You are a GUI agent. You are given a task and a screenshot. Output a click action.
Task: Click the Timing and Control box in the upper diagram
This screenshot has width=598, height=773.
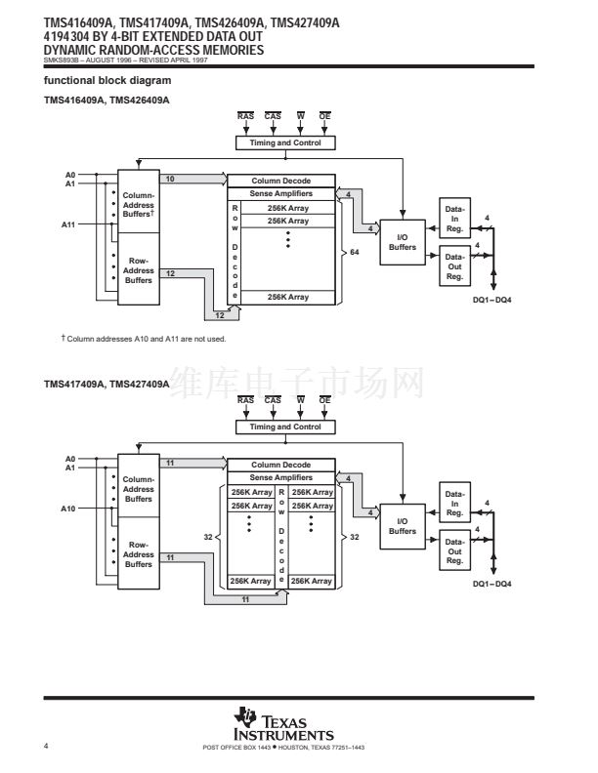click(285, 142)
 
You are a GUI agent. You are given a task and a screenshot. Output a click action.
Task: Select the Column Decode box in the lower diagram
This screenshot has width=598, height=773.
click(281, 465)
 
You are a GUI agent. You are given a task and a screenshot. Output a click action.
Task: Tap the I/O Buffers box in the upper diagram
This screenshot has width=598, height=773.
click(403, 242)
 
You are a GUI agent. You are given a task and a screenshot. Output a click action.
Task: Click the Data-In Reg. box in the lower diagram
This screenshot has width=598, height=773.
click(455, 503)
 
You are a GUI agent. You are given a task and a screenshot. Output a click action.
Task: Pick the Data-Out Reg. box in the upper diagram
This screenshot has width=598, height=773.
click(455, 266)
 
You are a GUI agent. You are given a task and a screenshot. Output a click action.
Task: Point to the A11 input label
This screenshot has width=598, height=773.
click(68, 224)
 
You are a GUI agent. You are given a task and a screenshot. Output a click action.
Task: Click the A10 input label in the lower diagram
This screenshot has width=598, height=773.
click(68, 509)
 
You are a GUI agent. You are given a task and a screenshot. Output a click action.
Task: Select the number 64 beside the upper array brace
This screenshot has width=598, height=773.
click(355, 252)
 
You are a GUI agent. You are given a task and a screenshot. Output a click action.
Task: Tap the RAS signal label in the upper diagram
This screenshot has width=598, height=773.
click(245, 116)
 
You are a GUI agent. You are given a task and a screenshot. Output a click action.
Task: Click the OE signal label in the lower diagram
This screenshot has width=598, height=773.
click(324, 400)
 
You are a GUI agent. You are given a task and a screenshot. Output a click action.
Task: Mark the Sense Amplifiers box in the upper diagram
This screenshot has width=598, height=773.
click(281, 194)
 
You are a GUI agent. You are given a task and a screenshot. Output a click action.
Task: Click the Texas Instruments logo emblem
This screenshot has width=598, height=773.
click(245, 716)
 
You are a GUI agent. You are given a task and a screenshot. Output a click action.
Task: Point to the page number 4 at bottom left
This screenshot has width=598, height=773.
click(46, 746)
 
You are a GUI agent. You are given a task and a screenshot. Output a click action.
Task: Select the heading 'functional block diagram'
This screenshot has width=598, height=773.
click(107, 80)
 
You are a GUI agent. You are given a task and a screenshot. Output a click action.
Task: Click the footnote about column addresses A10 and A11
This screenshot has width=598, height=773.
click(144, 339)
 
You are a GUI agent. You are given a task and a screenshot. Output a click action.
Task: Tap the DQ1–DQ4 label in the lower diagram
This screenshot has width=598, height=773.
click(491, 584)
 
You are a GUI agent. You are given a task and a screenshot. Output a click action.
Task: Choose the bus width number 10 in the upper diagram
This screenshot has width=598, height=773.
click(170, 179)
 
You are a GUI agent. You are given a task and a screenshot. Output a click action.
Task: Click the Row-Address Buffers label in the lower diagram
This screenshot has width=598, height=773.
click(139, 554)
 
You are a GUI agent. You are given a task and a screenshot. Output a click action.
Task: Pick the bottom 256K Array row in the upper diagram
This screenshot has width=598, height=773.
click(288, 298)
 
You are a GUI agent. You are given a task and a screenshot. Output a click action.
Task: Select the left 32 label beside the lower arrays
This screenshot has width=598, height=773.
click(208, 537)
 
